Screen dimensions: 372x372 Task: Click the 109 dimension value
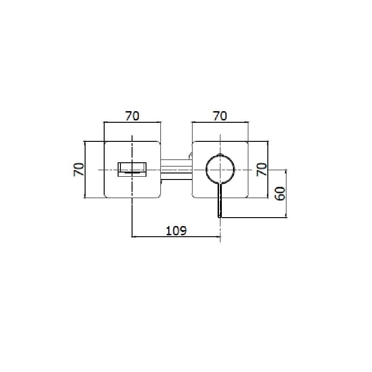click(176, 231)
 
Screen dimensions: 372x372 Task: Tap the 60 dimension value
click(281, 193)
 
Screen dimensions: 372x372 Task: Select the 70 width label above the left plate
click(133, 116)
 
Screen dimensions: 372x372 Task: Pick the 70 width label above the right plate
click(220, 116)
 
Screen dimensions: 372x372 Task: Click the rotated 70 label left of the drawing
click(79, 169)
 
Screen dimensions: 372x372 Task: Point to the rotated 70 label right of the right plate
click(262, 169)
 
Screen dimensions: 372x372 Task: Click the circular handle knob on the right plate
click(220, 169)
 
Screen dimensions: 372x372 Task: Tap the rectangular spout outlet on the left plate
click(132, 169)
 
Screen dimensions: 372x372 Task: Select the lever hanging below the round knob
click(220, 200)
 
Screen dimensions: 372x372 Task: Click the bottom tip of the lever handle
click(220, 217)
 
